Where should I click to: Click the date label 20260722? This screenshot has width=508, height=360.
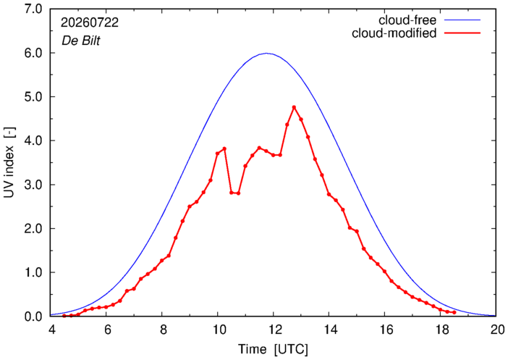[90, 22]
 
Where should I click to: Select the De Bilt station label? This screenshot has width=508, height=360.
[80, 41]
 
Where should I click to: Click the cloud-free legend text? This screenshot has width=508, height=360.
[407, 20]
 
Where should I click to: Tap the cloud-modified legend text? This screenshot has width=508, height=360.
[394, 33]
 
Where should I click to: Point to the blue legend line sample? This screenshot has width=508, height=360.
[462, 20]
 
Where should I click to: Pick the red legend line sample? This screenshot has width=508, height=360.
[462, 33]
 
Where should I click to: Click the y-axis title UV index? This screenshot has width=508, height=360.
[9, 162]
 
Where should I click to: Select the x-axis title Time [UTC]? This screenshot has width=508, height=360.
[273, 350]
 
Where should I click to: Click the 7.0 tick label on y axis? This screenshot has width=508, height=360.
[33, 9]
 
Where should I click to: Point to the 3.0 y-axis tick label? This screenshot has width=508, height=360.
[33, 185]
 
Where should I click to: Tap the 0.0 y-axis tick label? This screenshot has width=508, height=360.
[33, 317]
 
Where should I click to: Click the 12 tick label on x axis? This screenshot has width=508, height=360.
[273, 330]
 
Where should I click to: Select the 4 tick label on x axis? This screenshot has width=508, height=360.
[51, 330]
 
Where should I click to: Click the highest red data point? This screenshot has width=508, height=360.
[295, 107]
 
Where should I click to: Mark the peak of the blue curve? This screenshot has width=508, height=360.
[266, 53]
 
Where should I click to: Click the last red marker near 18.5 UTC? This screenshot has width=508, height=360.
[454, 312]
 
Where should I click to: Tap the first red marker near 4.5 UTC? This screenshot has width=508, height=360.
[64, 316]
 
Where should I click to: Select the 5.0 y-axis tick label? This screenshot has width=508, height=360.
[33, 97]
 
